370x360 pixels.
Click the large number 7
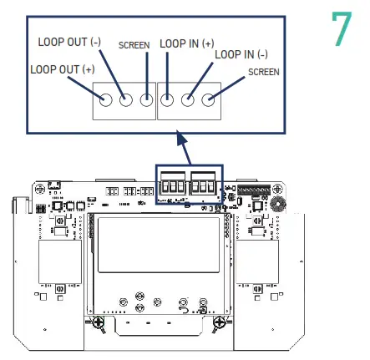(342, 31)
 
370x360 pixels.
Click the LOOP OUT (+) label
(63, 69)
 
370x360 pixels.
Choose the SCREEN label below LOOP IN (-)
(264, 73)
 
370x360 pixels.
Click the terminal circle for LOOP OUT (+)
(106, 100)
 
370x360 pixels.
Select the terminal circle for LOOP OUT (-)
(126, 100)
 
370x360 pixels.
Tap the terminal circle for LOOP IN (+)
(167, 100)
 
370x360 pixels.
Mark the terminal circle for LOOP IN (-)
(188, 100)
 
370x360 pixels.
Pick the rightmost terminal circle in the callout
(208, 100)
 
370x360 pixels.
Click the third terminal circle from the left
(147, 100)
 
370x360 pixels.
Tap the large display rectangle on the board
(159, 250)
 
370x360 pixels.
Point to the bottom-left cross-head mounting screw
(99, 320)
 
